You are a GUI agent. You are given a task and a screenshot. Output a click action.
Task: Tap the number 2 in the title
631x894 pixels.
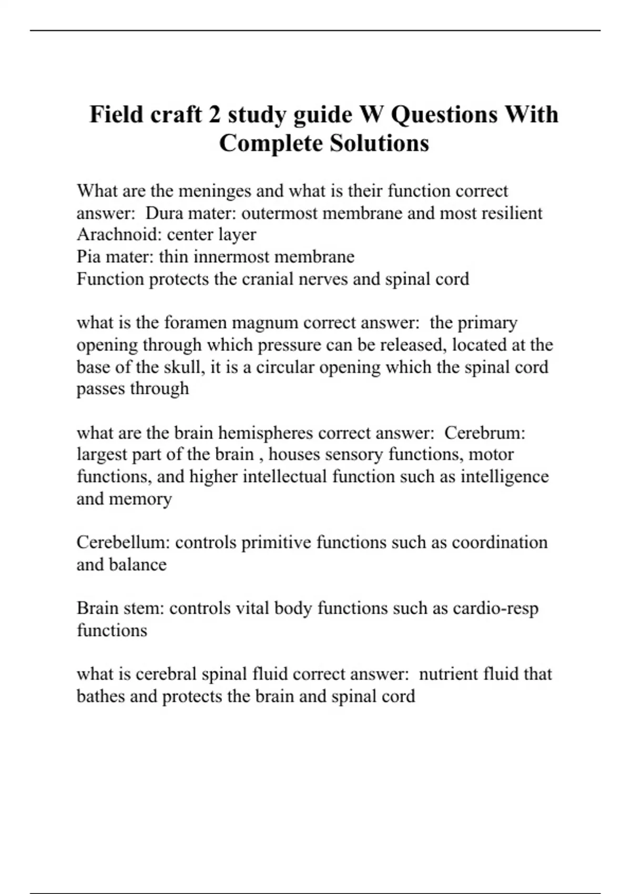[214, 114]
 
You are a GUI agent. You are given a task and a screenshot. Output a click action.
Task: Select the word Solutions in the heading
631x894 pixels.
[379, 143]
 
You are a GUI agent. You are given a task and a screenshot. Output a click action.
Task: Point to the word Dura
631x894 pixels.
[164, 213]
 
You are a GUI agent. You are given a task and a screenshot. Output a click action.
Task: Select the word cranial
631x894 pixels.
[267, 279]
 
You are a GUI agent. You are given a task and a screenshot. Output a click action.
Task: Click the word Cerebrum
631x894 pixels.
[484, 433]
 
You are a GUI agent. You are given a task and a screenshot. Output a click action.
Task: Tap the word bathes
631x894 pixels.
[100, 696]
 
